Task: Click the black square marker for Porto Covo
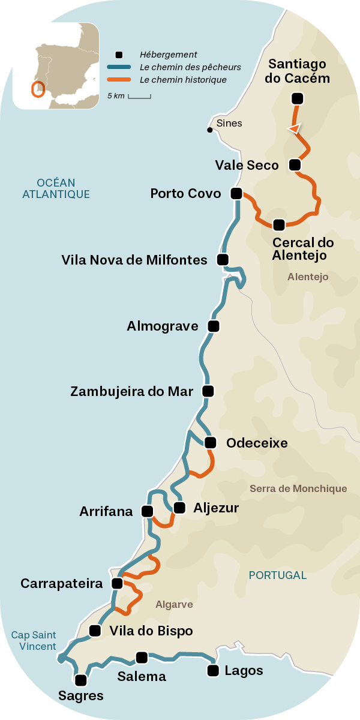pyautogui.click(x=236, y=194)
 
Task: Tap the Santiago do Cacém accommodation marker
pyautogui.click(x=296, y=98)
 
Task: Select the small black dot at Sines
pyautogui.click(x=209, y=130)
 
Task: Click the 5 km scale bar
pyautogui.click(x=139, y=96)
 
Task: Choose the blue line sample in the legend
pyautogui.click(x=119, y=67)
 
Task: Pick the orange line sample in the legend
pyautogui.click(x=119, y=80)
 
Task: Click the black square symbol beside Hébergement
pyautogui.click(x=119, y=55)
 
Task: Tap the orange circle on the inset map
pyautogui.click(x=38, y=89)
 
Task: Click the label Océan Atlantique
pyautogui.click(x=55, y=188)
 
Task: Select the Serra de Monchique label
pyautogui.click(x=298, y=488)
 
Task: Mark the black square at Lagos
pyautogui.click(x=212, y=671)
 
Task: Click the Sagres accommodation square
pyautogui.click(x=80, y=680)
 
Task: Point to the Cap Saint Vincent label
pyautogui.click(x=34, y=641)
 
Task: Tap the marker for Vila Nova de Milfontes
pyautogui.click(x=223, y=260)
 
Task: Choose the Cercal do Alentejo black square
pyautogui.click(x=278, y=225)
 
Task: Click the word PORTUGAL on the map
pyautogui.click(x=277, y=575)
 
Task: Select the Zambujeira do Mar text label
pyautogui.click(x=132, y=392)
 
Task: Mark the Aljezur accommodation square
pyautogui.click(x=179, y=508)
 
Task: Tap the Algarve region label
pyautogui.click(x=174, y=604)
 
